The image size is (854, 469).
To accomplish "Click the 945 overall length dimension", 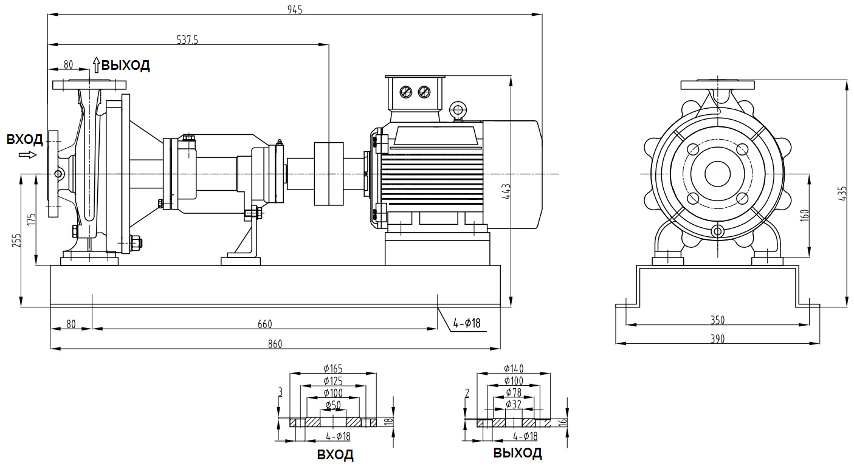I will pyautogui.click(x=295, y=9).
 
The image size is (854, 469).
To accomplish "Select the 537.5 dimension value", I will pyautogui.click(x=188, y=40).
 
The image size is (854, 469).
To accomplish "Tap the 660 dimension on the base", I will pyautogui.click(x=264, y=324).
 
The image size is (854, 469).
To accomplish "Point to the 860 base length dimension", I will pyautogui.click(x=275, y=344).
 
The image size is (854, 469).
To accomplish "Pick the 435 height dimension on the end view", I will pyautogui.click(x=842, y=193).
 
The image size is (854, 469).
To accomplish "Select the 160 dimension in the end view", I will pyautogui.click(x=805, y=216).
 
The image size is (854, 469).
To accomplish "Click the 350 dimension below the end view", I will pyautogui.click(x=718, y=320).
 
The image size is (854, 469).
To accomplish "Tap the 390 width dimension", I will pyautogui.click(x=718, y=338).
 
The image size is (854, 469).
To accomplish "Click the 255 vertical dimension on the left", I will pyautogui.click(x=16, y=241).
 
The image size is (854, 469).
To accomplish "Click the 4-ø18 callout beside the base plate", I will pyautogui.click(x=467, y=323).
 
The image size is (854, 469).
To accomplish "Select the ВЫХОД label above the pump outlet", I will pyautogui.click(x=125, y=66).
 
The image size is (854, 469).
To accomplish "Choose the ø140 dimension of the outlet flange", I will pyautogui.click(x=514, y=368).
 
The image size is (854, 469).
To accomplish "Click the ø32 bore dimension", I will pyautogui.click(x=514, y=404).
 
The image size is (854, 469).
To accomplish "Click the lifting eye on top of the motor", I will pyautogui.click(x=458, y=110).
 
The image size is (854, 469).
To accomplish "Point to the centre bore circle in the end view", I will pyautogui.click(x=718, y=174).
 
